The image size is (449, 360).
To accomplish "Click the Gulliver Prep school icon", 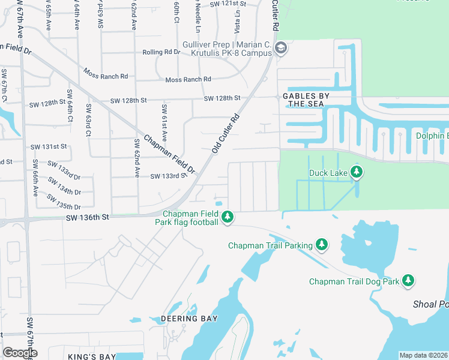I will (x=280, y=47).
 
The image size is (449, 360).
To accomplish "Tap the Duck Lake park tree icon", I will (x=357, y=173).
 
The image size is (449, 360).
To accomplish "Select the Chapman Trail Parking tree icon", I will (x=322, y=244).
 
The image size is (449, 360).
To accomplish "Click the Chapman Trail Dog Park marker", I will (x=408, y=280).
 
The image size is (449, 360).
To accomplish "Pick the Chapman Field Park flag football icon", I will (x=228, y=217).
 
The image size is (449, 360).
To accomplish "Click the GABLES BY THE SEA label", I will (x=307, y=100).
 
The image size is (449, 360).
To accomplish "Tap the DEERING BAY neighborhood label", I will (x=189, y=318).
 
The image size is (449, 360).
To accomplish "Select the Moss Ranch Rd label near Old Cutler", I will (x=188, y=79).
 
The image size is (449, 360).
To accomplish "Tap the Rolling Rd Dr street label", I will (x=161, y=52).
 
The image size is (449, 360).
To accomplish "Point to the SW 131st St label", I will (x=49, y=146).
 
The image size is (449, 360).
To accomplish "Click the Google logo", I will (x=20, y=352).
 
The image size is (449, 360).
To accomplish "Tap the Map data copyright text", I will (x=424, y=355).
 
